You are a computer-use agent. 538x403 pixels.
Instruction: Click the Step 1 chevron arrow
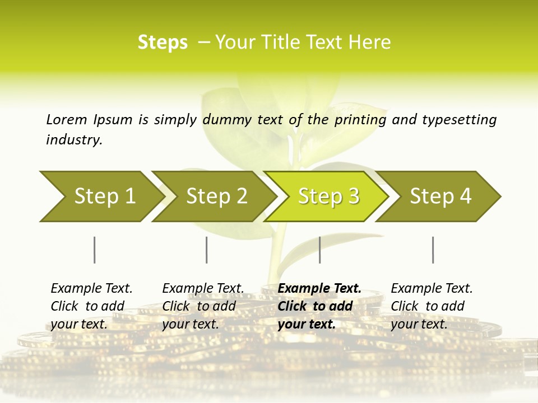click(x=101, y=196)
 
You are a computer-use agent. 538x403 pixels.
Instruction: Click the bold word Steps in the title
click(x=163, y=42)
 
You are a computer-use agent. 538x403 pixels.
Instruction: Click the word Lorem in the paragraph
click(x=66, y=119)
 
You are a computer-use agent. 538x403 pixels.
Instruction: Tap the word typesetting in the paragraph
click(x=459, y=119)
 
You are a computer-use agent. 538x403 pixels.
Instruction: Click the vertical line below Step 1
click(x=94, y=250)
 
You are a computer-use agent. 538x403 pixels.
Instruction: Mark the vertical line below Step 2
click(x=206, y=250)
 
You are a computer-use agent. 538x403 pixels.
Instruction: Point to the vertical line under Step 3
click(x=319, y=250)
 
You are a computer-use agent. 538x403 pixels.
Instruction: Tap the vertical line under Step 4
click(x=433, y=250)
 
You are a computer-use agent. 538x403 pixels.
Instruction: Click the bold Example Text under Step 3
click(x=319, y=288)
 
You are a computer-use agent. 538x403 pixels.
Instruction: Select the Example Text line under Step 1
click(x=91, y=288)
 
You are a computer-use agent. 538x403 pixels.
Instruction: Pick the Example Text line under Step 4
click(x=432, y=288)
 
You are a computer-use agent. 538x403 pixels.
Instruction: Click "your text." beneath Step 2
click(x=190, y=324)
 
